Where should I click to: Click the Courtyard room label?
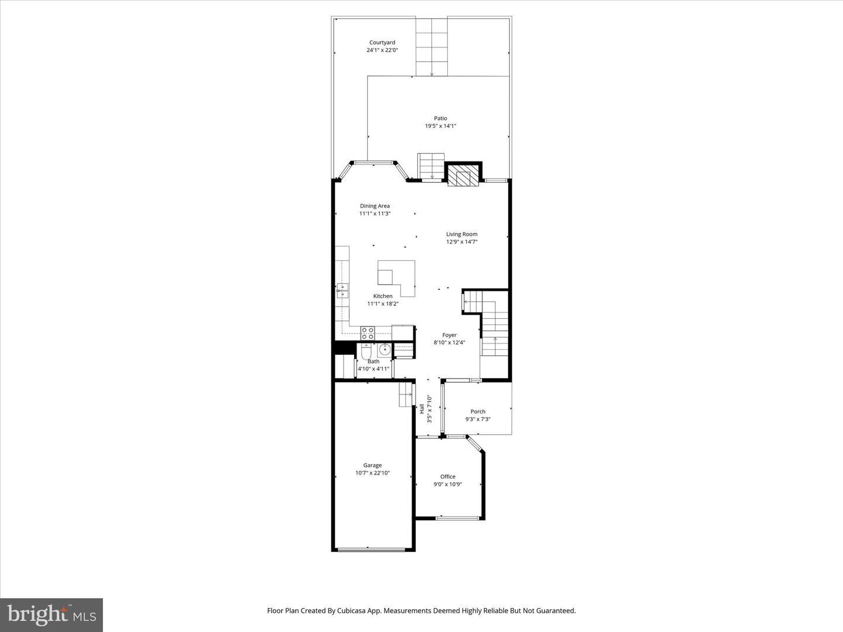[x=382, y=43]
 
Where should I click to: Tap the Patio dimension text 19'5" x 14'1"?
[x=440, y=126]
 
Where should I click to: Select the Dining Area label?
[x=375, y=206]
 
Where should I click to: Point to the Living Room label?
[x=461, y=234]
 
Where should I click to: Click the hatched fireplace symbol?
[x=463, y=176]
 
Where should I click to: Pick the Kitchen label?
[x=383, y=296]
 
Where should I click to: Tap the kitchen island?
[x=396, y=276]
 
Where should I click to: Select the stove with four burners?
[x=368, y=333]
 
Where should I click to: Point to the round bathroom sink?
[x=384, y=350]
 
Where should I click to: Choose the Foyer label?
[x=449, y=335]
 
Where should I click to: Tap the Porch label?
[x=478, y=411]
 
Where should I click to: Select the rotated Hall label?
[x=422, y=408]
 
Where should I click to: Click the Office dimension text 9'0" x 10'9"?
[x=448, y=484]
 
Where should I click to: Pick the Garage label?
[x=372, y=465]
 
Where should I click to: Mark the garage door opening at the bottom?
[x=372, y=549]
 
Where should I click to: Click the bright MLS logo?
[x=52, y=614]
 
